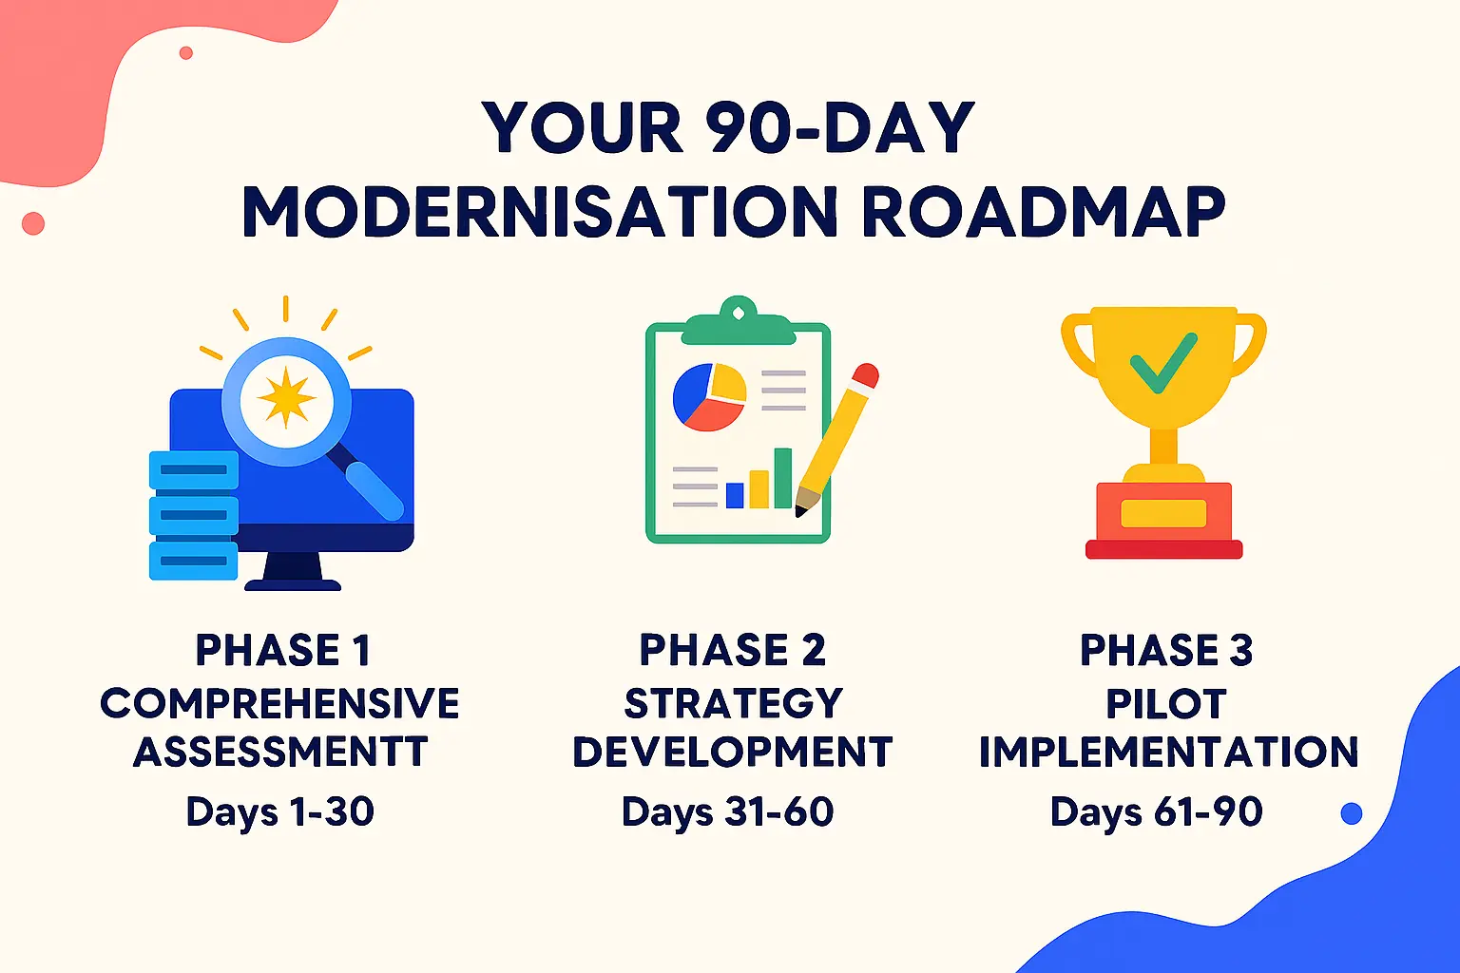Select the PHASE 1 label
(282, 651)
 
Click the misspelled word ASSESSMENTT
(280, 752)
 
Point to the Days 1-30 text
(280, 811)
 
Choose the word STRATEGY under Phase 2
(733, 704)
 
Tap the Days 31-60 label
(727, 811)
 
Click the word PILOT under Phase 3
(1166, 704)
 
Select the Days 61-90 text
(1156, 811)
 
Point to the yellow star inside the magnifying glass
(286, 397)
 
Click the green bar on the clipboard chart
(782, 478)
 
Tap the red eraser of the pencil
(865, 376)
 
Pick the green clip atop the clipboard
(738, 323)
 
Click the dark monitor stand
(293, 574)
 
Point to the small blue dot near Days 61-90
(1351, 813)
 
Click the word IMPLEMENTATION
(1168, 752)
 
